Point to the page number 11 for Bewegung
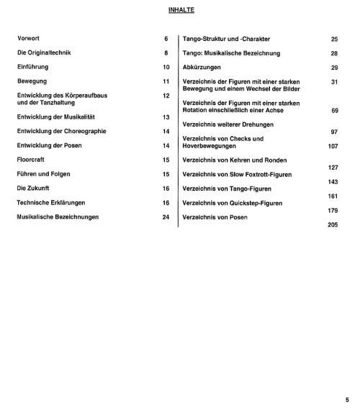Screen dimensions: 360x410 (x=166, y=82)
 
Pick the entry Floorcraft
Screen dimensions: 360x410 (x=32, y=160)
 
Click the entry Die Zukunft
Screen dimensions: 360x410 (x=35, y=188)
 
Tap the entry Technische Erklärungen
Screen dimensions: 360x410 (x=53, y=203)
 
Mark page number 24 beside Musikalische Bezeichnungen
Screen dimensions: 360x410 (x=166, y=217)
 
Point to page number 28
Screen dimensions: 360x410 (x=334, y=54)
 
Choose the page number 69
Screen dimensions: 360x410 (x=334, y=112)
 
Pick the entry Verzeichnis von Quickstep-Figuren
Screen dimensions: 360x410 (x=235, y=203)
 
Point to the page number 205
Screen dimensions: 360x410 (x=332, y=225)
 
